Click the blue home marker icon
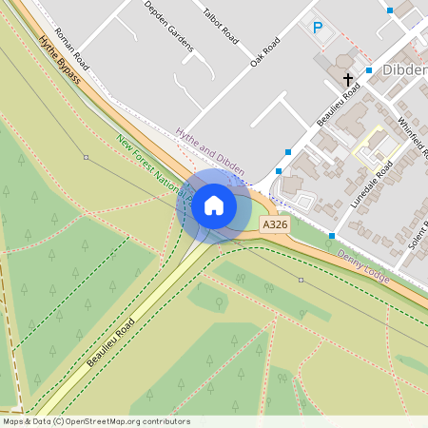214,204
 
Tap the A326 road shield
274,224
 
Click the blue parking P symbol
318,29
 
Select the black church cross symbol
348,79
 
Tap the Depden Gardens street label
168,26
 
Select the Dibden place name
404,70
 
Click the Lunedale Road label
370,185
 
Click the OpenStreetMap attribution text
96,421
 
